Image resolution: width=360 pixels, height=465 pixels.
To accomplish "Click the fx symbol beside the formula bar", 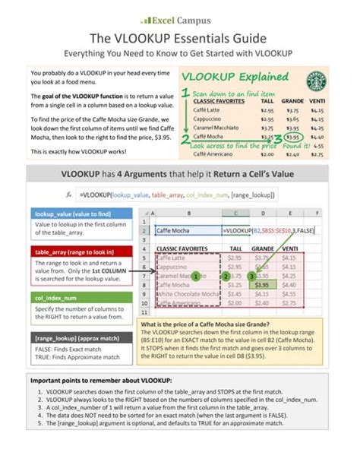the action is point(69,195).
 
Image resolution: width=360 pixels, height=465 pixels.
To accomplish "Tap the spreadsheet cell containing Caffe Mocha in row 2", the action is point(186,229).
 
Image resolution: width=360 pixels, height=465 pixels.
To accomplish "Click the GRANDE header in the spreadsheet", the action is point(264,248).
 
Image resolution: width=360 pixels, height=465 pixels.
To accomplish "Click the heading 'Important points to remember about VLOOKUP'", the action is point(101,380).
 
